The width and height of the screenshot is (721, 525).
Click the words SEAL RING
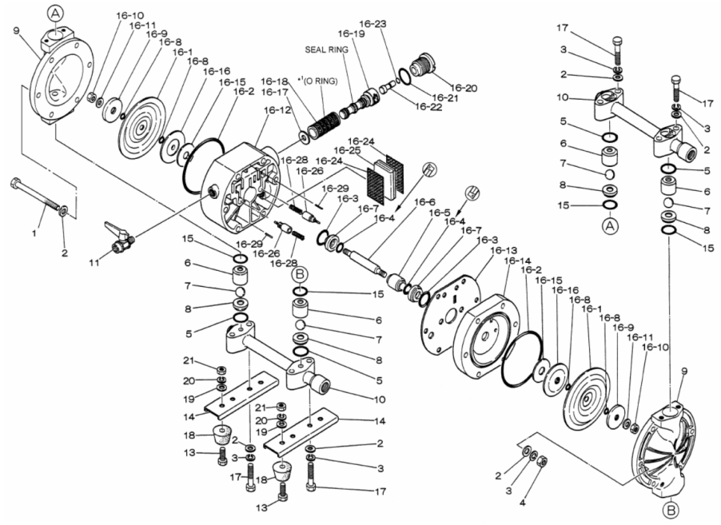(326, 50)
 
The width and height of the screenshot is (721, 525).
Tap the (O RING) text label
(321, 82)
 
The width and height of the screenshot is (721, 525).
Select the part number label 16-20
(464, 88)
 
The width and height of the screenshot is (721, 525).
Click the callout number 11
(94, 264)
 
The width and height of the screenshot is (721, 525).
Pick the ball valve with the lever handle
(119, 237)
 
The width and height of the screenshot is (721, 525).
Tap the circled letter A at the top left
(56, 14)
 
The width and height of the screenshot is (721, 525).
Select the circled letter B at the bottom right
(671, 510)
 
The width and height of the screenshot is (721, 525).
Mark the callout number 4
(522, 503)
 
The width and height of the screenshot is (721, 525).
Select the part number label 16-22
(428, 107)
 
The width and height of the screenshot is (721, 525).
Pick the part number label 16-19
(351, 34)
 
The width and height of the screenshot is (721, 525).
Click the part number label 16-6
(424, 202)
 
